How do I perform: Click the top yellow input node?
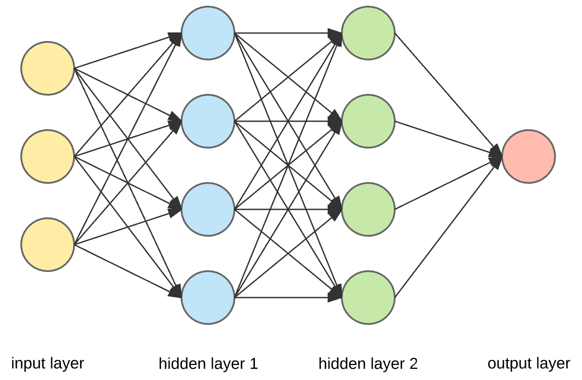pos(47,68)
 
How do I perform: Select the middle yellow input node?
pos(47,156)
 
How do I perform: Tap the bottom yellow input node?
pos(47,244)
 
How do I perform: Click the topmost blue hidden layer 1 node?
pos(208,33)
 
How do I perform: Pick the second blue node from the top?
pos(208,121)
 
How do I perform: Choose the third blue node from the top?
pos(208,209)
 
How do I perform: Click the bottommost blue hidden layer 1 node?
pos(208,297)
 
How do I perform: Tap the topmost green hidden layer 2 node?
pos(368,33)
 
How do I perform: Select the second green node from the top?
pos(368,121)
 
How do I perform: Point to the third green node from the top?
pos(368,209)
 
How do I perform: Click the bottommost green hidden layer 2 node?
pos(368,297)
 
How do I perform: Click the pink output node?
pos(528,156)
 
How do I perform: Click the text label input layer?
pos(47,364)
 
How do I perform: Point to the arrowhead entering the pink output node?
pos(496,156)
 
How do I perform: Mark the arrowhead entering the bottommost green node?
pos(336,292)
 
